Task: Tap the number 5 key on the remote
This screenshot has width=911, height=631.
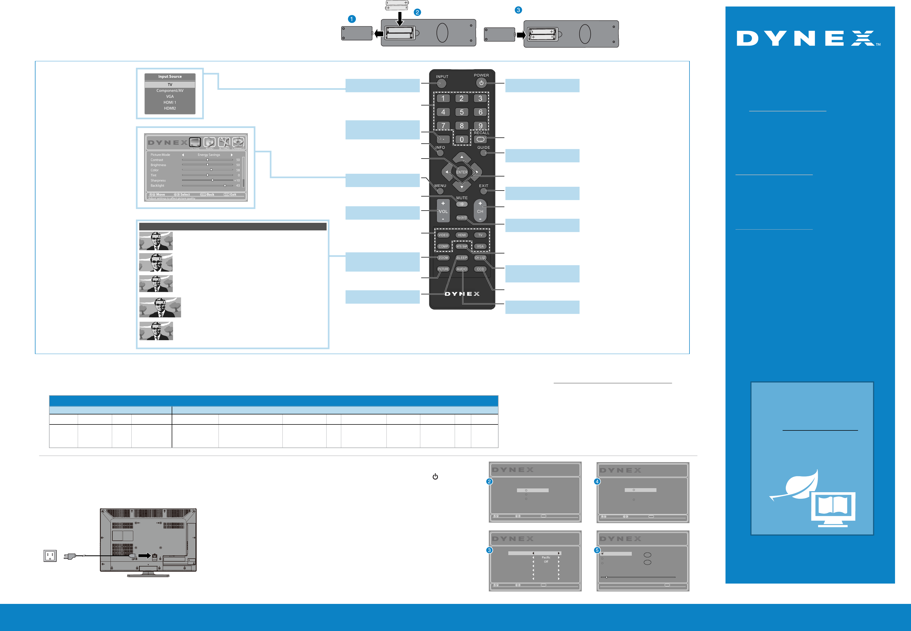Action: (461, 112)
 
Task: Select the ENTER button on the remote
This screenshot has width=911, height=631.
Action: (461, 172)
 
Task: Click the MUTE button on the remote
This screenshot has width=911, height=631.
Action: (461, 204)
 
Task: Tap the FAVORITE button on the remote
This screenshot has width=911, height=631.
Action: (461, 218)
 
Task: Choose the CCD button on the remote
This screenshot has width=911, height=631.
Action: (480, 269)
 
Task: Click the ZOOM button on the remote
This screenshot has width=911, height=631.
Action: (443, 258)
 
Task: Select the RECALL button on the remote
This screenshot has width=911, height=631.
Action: (480, 139)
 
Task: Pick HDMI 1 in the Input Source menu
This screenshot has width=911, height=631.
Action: (170, 102)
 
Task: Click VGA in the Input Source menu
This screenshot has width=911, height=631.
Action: (170, 96)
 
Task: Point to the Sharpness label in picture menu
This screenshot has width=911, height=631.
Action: (158, 180)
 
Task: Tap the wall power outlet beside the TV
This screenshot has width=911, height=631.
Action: (50, 556)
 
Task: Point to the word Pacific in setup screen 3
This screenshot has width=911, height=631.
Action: (546, 558)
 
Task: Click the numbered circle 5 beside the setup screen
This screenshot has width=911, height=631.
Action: (597, 550)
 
